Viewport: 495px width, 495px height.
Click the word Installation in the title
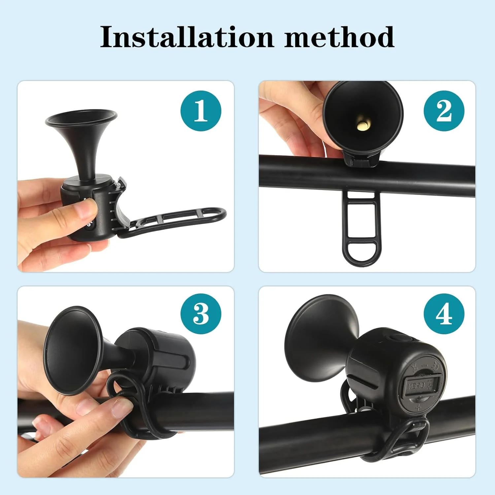[187, 37]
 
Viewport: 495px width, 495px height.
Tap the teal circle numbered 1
[201, 111]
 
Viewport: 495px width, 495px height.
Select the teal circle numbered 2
[444, 111]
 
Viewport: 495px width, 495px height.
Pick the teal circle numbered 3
[201, 314]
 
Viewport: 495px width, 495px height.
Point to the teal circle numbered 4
[444, 314]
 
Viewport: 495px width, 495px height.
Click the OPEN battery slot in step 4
[422, 384]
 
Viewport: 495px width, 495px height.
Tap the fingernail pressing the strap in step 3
[121, 407]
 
